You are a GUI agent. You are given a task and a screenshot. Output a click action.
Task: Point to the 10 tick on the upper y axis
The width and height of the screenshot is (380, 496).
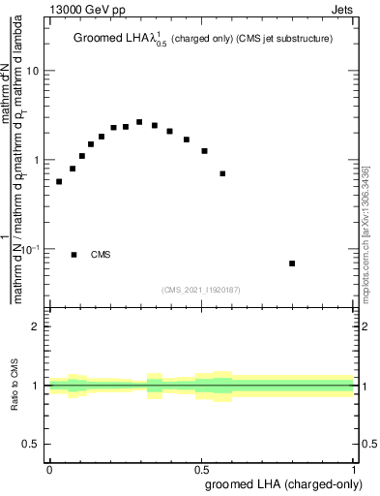33,72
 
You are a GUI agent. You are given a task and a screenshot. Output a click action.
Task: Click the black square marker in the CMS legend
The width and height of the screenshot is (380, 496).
73,255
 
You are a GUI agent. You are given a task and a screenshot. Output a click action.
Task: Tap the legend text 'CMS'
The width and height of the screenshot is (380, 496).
101,255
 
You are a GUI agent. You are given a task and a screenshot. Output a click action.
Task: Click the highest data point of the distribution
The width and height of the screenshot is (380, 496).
139,122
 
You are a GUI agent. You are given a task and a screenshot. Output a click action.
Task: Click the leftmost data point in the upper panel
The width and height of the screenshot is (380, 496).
59,181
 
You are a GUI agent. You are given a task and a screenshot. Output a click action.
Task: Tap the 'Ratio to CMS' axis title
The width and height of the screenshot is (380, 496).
15,386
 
